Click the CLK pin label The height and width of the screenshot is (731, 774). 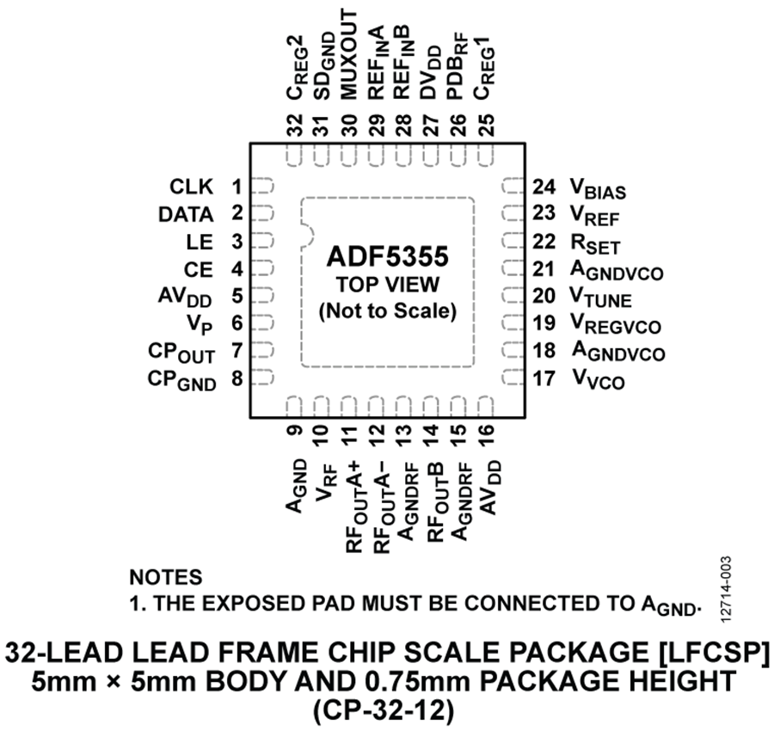coord(192,187)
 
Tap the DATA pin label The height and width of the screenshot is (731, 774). coord(186,215)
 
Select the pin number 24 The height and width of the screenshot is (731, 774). coord(544,187)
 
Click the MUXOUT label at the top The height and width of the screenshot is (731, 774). coord(349,54)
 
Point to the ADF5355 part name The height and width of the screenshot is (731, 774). coord(388,256)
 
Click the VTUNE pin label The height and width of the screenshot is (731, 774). coord(601,298)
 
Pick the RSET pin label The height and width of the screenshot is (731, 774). coord(595,243)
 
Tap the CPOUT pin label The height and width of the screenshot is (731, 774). coord(181,353)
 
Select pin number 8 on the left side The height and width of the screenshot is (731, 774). coord(237,378)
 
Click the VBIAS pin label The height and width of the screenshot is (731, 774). coord(599,188)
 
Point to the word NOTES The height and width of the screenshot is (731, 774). coord(166,577)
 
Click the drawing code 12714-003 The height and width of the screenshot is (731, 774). coord(725,589)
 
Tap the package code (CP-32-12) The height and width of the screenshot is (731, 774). coord(383,713)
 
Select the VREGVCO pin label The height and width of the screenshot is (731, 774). coord(616,324)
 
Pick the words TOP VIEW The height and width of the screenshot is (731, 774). coord(388,285)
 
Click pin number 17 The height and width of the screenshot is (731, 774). coord(544,378)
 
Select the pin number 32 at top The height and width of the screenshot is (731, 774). coord(295,125)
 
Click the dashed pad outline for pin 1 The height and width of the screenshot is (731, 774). coord(262,187)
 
